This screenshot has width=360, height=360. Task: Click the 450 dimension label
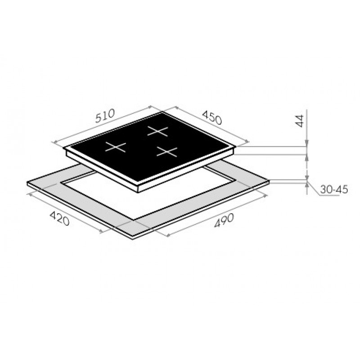pos(212,117)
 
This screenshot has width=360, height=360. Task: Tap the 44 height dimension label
pos(299,121)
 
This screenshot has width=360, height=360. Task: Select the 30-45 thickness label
pos(334,189)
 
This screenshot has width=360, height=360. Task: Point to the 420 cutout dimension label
pos(59,218)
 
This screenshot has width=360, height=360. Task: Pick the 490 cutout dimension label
pos(224,220)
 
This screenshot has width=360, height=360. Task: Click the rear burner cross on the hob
pos(157,131)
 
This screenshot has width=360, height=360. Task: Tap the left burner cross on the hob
pos(116,147)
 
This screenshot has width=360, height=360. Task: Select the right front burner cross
pos(167,152)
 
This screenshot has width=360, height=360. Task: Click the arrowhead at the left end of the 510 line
pos(54,143)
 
